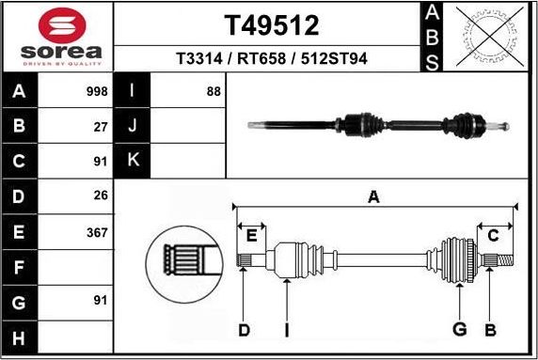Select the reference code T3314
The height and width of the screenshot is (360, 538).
[x=197, y=58]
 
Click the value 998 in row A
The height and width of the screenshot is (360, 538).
[x=96, y=92]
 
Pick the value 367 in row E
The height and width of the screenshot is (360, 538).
[x=96, y=231]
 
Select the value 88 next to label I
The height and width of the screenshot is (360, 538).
[x=213, y=92]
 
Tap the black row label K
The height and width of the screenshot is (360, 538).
[x=133, y=160]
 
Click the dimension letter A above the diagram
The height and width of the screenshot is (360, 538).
[x=373, y=197]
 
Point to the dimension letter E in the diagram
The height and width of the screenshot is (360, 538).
[x=250, y=235]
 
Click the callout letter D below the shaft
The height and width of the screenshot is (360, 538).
[x=244, y=330]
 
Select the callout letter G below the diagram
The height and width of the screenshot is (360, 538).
[x=459, y=330]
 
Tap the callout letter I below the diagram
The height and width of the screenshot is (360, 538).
[x=287, y=330]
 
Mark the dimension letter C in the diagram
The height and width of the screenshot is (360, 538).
[x=493, y=235]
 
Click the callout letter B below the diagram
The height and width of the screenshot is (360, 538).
[x=490, y=330]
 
